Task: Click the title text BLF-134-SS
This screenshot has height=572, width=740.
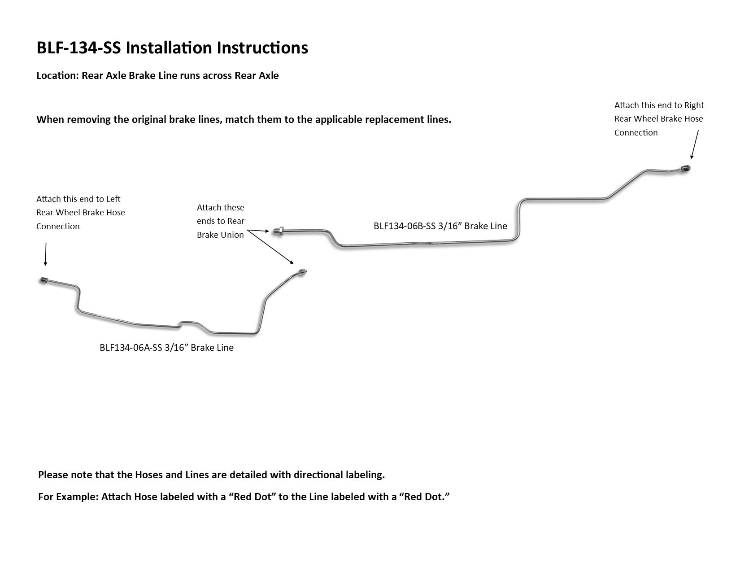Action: tap(79, 48)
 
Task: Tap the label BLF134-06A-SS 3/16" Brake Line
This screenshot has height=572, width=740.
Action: tap(166, 348)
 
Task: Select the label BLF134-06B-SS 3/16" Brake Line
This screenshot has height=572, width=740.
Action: tap(440, 226)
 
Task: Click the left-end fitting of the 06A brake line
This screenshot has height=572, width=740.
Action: tap(43, 280)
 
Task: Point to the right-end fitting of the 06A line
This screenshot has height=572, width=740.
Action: tap(303, 272)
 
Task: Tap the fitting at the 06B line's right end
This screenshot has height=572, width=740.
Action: tap(686, 169)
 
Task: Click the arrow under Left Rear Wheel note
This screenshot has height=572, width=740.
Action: tap(45, 254)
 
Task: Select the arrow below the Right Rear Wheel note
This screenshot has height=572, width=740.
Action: tap(695, 144)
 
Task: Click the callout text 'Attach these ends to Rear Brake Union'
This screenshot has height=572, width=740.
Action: tap(220, 221)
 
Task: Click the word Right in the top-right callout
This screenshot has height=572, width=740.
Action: tap(694, 105)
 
